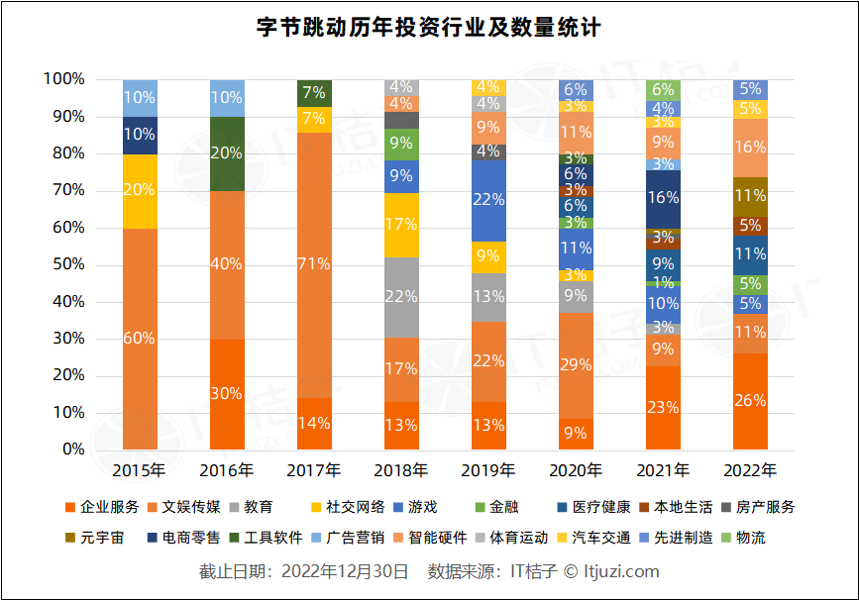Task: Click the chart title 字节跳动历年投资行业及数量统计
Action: (x=429, y=27)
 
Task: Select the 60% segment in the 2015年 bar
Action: (x=140, y=338)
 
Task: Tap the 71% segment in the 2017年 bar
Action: (x=314, y=264)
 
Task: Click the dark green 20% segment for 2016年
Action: (x=227, y=153)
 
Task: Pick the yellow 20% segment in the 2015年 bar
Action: (x=140, y=190)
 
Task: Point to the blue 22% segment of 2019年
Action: (x=488, y=199)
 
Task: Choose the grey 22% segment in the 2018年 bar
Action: (x=401, y=297)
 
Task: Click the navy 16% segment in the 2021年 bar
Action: (x=663, y=198)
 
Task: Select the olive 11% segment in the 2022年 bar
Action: (x=750, y=196)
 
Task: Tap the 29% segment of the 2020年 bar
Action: (x=576, y=365)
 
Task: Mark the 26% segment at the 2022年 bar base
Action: (x=750, y=401)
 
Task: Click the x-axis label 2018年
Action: (x=401, y=469)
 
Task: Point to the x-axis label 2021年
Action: (x=663, y=469)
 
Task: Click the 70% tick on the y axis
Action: (x=64, y=190)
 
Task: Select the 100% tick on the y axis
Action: (x=61, y=79)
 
